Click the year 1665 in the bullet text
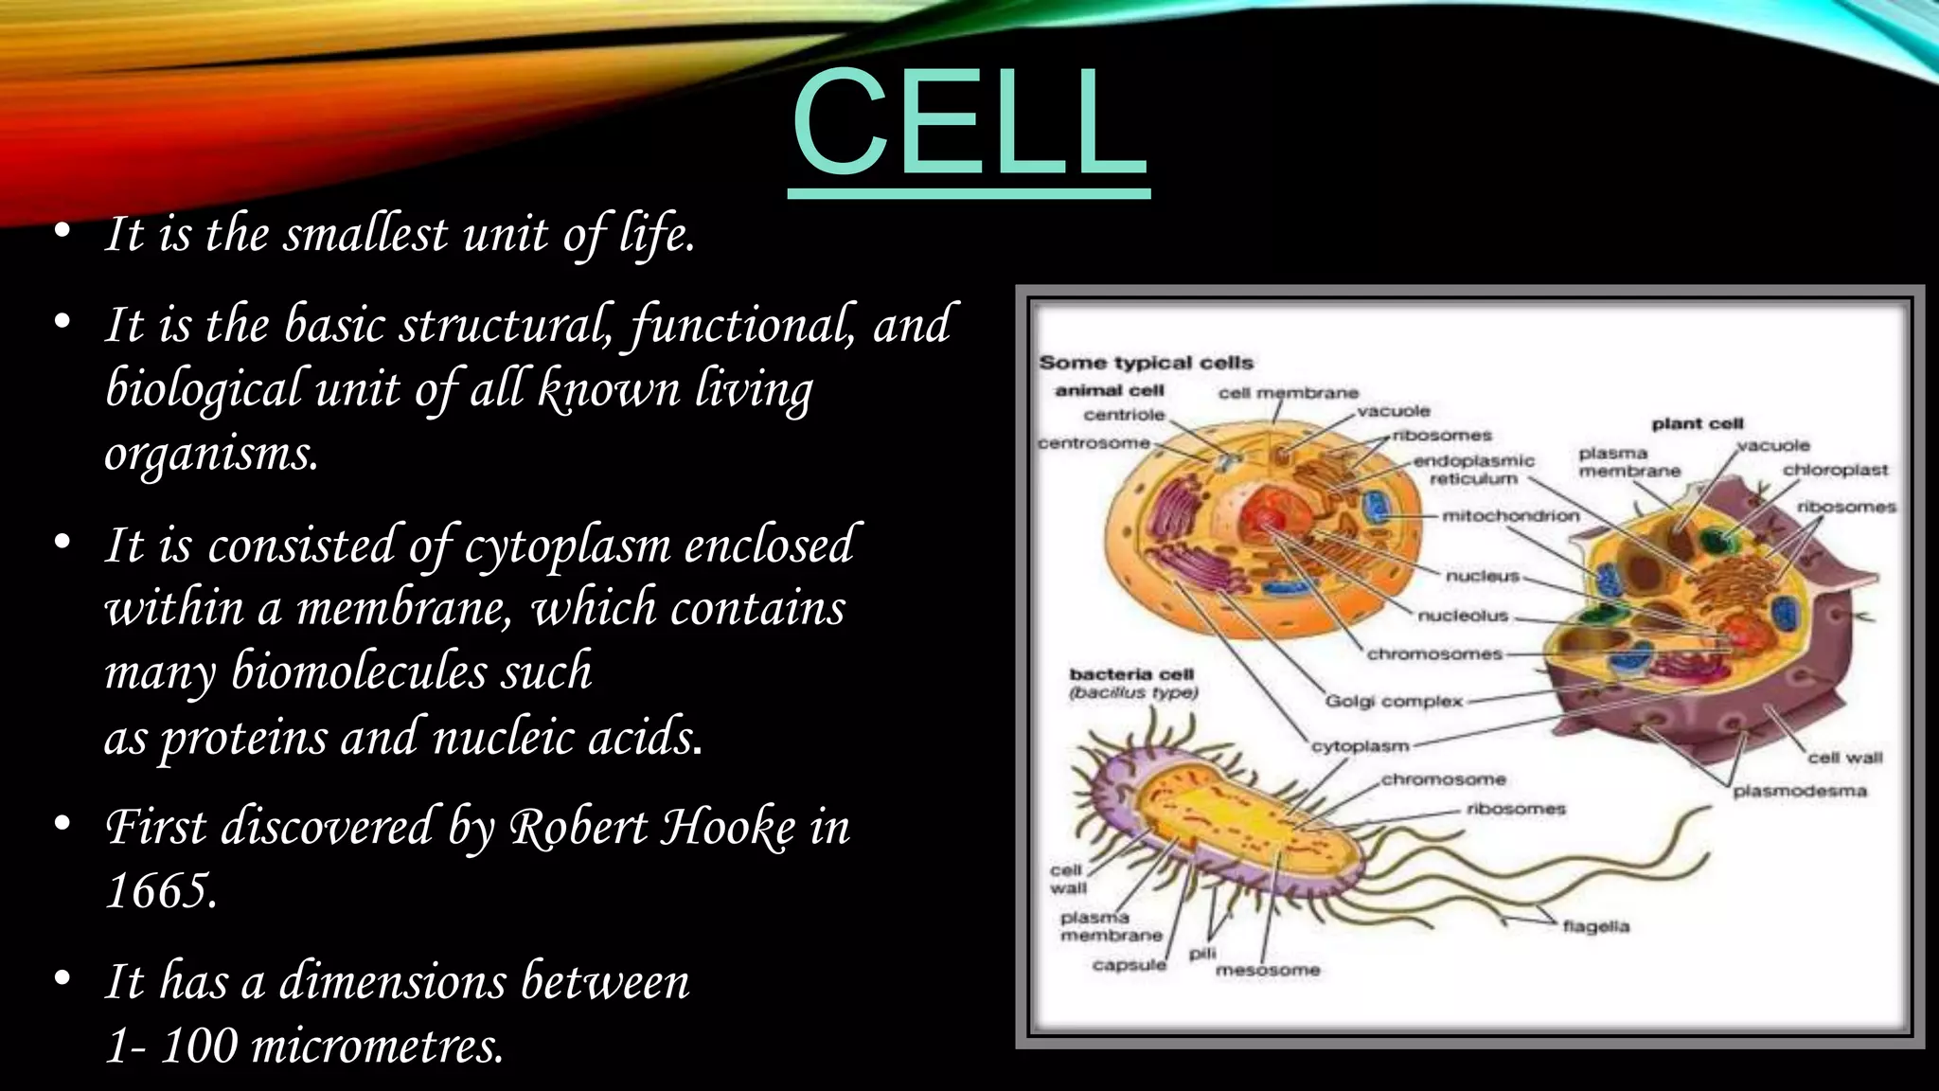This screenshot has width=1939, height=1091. tap(161, 891)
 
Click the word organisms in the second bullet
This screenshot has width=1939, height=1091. tap(210, 454)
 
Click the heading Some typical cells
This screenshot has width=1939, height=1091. tap(1146, 363)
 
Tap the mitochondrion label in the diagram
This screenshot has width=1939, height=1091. tap(1510, 516)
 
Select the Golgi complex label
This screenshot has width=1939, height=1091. tap(1393, 701)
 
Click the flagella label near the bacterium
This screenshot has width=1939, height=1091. tap(1596, 926)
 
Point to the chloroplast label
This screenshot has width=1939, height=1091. tap(1835, 470)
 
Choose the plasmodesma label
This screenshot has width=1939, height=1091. tap(1799, 791)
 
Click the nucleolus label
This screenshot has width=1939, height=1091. tap(1462, 616)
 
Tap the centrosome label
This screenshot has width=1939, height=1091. tap(1094, 443)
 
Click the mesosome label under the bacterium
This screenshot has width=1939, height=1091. tap(1267, 970)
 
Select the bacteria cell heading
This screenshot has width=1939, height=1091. tap(1131, 674)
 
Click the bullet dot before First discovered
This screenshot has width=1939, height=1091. tap(62, 825)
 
